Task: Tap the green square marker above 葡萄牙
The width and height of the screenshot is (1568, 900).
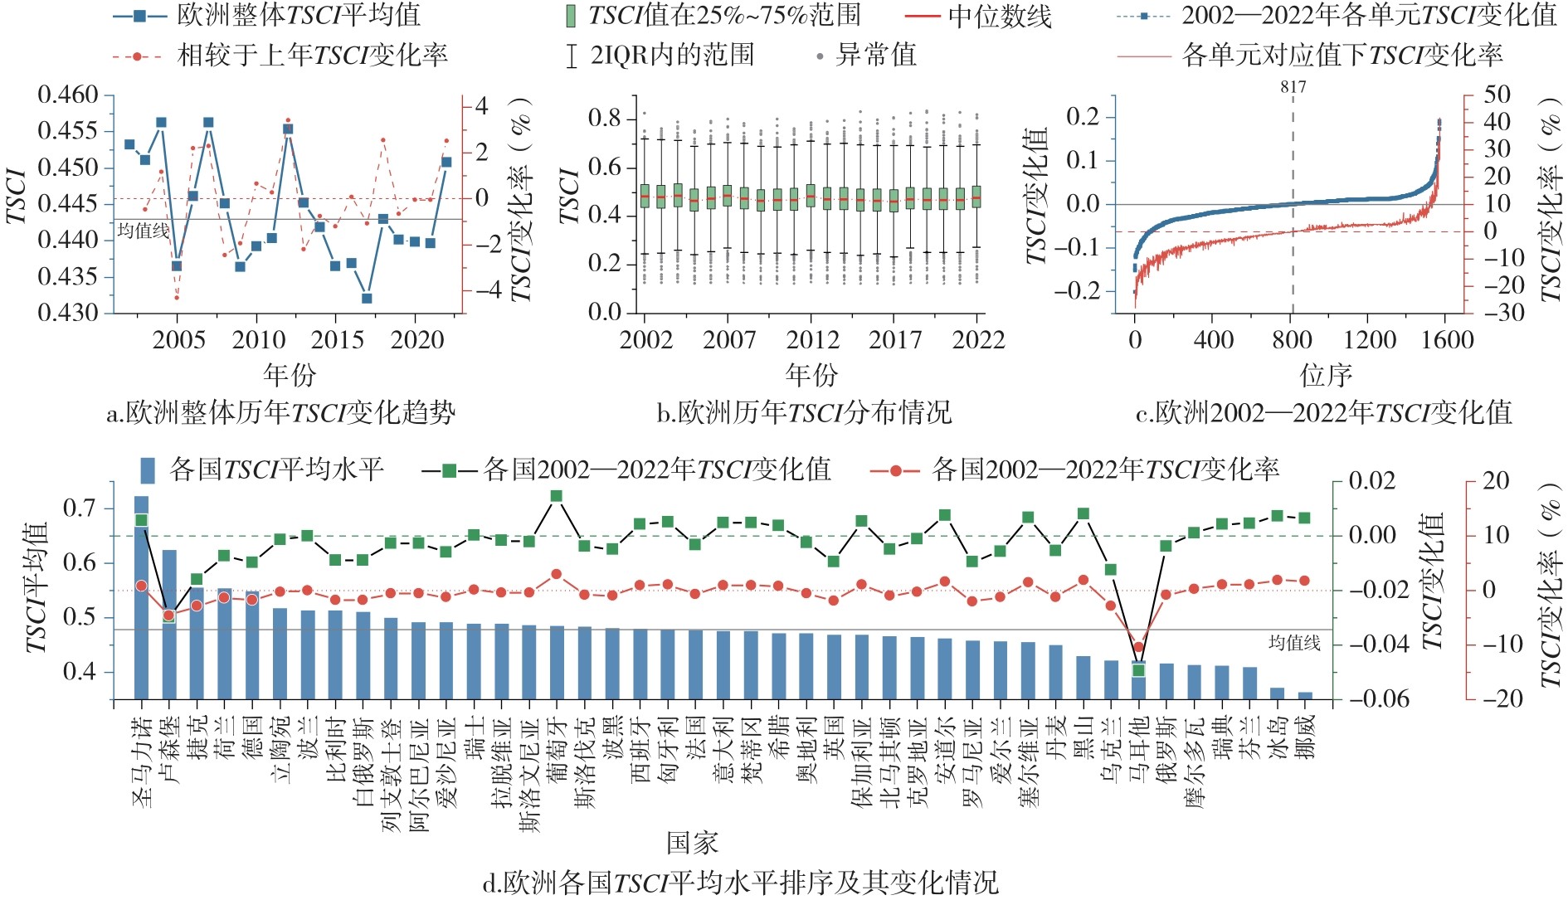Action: [557, 496]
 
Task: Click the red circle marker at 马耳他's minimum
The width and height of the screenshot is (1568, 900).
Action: [1139, 647]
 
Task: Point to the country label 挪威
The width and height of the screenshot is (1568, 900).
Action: [1306, 737]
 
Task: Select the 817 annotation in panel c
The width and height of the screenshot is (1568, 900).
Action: [1293, 87]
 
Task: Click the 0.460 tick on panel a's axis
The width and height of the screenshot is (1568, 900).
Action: [68, 95]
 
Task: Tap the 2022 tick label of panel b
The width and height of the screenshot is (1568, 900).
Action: [978, 340]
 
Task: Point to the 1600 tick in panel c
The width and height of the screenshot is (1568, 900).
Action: [1446, 340]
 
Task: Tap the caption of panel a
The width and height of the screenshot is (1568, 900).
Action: [280, 412]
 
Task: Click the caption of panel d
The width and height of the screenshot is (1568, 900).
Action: [740, 882]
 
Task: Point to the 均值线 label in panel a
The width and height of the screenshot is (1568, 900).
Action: [144, 231]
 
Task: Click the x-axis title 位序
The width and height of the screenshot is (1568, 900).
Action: [1325, 376]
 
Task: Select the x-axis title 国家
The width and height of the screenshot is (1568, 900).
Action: [692, 844]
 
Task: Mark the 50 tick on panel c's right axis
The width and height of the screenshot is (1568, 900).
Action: [1497, 95]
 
